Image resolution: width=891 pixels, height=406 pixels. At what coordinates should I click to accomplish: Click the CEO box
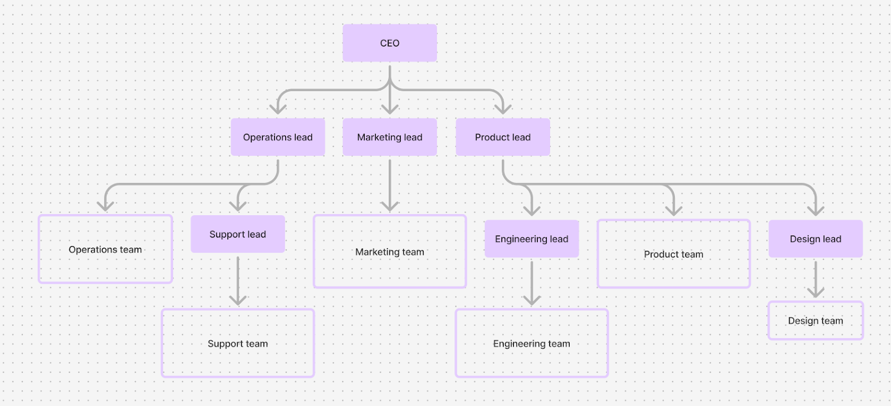(x=390, y=43)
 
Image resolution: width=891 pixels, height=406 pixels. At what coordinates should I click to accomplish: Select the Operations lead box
(x=278, y=137)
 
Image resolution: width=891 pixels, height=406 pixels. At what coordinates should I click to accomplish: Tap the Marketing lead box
(x=390, y=137)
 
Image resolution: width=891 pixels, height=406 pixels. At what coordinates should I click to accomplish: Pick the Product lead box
(x=503, y=137)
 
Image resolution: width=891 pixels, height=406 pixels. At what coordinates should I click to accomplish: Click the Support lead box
(x=238, y=234)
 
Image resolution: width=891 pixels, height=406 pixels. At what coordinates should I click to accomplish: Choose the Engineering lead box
(x=532, y=239)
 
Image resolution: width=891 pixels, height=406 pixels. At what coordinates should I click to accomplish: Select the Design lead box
(x=815, y=239)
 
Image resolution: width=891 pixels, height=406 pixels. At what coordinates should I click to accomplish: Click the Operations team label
(x=105, y=250)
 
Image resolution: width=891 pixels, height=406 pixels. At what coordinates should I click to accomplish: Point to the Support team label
(x=238, y=344)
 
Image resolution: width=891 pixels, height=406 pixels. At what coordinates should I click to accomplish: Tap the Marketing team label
(x=390, y=252)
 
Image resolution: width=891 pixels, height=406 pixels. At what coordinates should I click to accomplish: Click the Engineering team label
(x=532, y=344)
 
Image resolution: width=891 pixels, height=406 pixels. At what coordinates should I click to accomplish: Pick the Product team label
(x=674, y=254)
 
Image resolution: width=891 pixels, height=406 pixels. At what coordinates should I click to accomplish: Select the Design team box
(x=815, y=320)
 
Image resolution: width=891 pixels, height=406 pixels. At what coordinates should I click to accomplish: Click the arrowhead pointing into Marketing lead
(x=390, y=110)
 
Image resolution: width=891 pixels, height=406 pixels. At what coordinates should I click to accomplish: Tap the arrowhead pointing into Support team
(x=238, y=301)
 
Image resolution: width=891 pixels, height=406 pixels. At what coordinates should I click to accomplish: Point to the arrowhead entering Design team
(x=815, y=294)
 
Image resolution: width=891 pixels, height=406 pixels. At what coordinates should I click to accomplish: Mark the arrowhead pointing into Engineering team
(x=532, y=301)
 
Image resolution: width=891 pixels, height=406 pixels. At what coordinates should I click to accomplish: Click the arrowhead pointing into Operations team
(x=105, y=207)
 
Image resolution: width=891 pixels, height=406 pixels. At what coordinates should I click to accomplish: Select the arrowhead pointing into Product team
(x=674, y=211)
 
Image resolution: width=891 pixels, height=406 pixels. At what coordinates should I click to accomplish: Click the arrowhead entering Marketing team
(x=390, y=207)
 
